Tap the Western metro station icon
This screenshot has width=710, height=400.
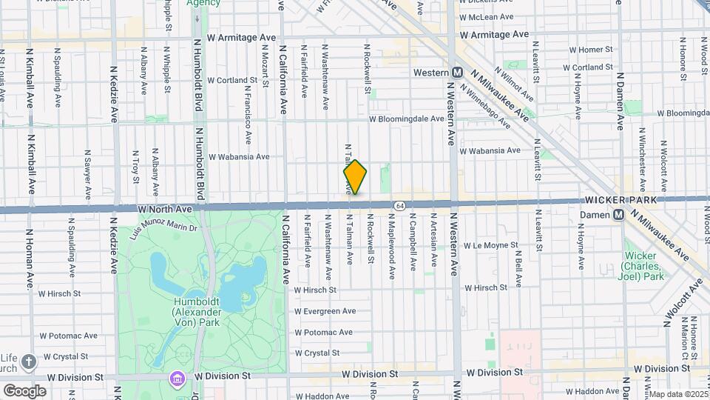[x=458, y=73]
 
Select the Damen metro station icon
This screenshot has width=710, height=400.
[x=619, y=215]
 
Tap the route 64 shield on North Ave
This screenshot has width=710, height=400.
[x=399, y=205]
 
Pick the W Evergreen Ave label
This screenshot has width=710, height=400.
[x=325, y=311]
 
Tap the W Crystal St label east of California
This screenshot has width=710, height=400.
[x=317, y=353]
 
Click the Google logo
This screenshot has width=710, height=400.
[x=24, y=390]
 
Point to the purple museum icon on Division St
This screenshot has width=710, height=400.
[x=177, y=378]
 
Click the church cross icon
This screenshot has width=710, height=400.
[x=28, y=361]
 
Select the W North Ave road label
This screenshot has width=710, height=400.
[x=165, y=210]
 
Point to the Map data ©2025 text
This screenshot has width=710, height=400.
[x=677, y=394]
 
